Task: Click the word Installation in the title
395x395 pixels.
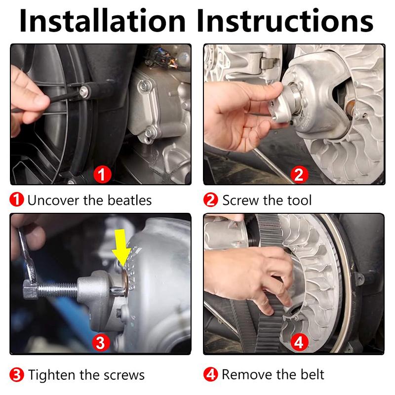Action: click(102, 20)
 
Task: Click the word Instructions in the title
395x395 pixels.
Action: click(285, 20)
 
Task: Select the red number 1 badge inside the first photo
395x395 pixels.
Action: click(102, 174)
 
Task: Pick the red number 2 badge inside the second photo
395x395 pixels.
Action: click(299, 174)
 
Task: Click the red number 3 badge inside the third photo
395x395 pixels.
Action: click(101, 343)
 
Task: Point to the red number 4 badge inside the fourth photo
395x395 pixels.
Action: click(299, 342)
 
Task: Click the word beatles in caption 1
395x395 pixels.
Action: click(129, 200)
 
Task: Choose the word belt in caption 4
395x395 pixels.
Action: click(312, 374)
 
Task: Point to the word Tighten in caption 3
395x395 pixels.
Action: click(52, 375)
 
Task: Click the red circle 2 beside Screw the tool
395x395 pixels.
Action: click(211, 200)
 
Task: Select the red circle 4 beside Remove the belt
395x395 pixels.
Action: click(211, 374)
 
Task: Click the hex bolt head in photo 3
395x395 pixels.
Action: click(30, 289)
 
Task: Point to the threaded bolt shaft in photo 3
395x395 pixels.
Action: click(58, 289)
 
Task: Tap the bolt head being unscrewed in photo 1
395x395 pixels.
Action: click(84, 92)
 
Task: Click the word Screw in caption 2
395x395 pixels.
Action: click(240, 200)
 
